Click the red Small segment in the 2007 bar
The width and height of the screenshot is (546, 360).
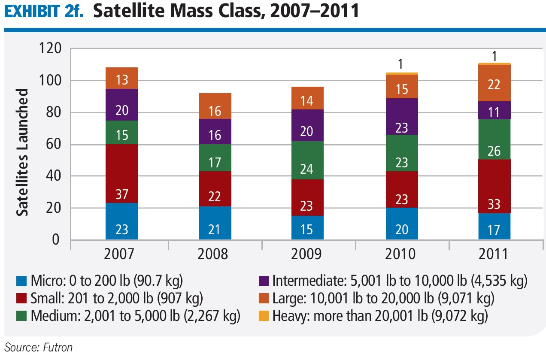(x=121, y=174)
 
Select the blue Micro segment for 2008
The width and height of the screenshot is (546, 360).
(x=215, y=223)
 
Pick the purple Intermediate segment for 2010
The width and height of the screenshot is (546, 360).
(x=401, y=116)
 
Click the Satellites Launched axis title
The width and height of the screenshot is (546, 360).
(x=23, y=152)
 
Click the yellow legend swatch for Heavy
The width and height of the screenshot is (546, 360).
(x=264, y=316)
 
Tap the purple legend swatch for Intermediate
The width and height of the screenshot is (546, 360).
(x=264, y=281)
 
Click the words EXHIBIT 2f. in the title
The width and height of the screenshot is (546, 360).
(x=42, y=12)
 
